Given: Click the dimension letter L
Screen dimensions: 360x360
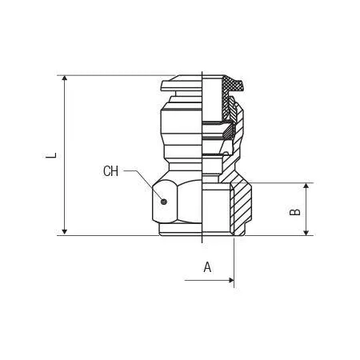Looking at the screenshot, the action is tap(51, 155).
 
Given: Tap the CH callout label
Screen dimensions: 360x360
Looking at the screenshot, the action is tap(110, 171).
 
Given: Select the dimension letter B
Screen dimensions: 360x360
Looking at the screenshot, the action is tap(295, 212).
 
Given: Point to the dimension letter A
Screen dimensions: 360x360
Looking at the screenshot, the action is tap(207, 267).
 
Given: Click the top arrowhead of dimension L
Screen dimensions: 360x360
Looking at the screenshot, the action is tap(64, 78).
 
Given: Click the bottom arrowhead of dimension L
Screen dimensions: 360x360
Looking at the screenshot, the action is tap(64, 231).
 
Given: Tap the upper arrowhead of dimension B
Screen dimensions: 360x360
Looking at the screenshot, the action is tap(306, 186).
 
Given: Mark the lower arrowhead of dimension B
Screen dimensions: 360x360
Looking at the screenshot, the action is tap(306, 233).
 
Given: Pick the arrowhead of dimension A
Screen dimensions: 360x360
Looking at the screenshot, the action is tap(231, 280).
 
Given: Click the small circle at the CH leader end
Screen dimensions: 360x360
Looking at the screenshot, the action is tap(164, 202).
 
